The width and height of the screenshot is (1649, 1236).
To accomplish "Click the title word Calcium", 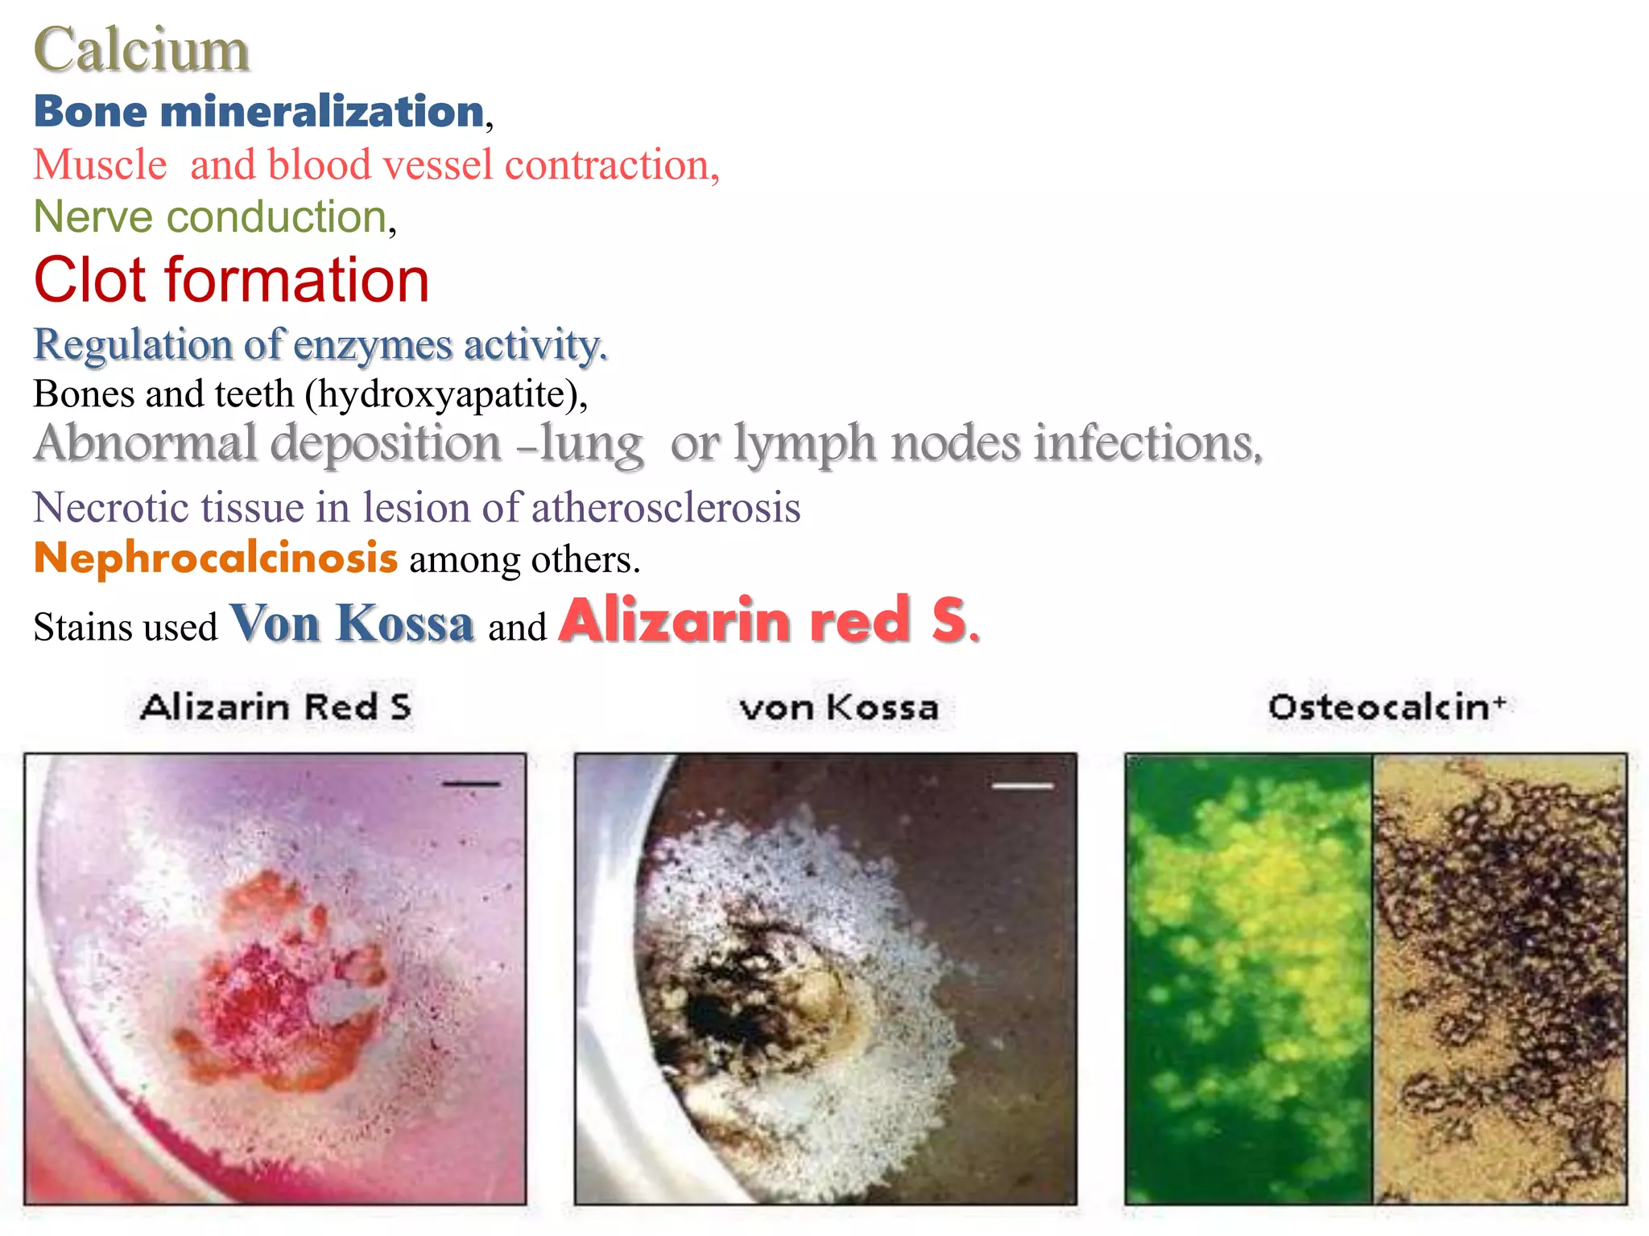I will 141,50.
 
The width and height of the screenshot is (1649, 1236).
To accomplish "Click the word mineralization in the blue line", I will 321,111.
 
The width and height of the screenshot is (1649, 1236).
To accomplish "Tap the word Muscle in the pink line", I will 100,165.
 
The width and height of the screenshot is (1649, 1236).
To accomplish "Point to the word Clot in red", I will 90,281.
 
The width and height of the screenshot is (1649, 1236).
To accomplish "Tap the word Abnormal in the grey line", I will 145,443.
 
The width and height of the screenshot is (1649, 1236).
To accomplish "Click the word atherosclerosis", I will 665,509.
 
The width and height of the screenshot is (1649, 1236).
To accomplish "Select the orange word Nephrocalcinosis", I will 216,558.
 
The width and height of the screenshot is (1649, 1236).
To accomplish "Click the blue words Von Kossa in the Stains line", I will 352,624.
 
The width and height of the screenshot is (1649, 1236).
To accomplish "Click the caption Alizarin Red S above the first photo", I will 275,707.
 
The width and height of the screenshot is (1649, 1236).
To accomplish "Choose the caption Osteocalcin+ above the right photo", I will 1386,707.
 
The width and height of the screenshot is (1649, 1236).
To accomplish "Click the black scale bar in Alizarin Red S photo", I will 471,783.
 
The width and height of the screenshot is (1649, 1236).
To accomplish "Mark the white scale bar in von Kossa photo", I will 1023,785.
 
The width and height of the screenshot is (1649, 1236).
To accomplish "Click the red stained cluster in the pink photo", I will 266,990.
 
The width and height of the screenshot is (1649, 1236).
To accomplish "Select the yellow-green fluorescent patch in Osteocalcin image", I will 1256,901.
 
